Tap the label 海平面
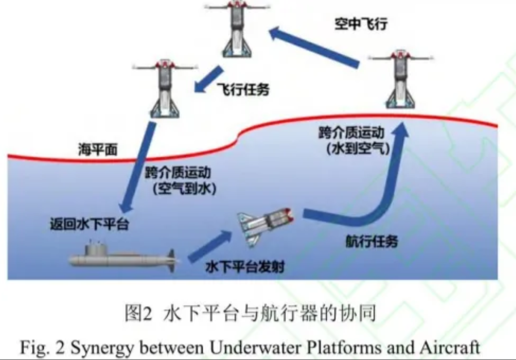(x=98, y=150)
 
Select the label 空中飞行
(x=361, y=24)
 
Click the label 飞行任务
(x=243, y=89)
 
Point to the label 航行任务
(x=371, y=242)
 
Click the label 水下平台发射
(x=245, y=267)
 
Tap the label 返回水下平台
(x=89, y=224)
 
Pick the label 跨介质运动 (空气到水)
(x=180, y=181)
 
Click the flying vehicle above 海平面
(x=165, y=88)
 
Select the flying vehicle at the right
(x=401, y=80)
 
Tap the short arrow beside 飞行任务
(x=209, y=79)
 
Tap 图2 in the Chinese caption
(x=138, y=313)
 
